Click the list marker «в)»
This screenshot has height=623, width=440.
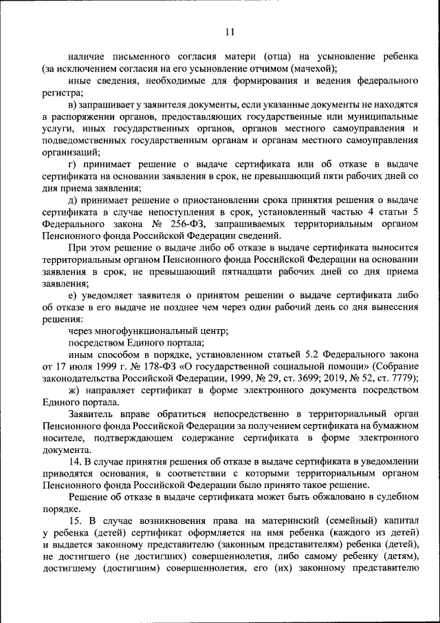point(74,105)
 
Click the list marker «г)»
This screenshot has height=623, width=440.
point(74,165)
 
